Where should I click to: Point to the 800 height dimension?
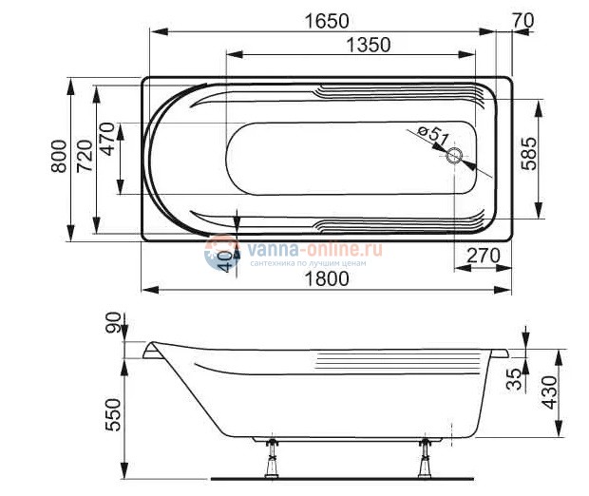pos(58,158)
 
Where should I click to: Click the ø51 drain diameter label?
pos(433,135)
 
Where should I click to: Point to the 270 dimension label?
pos(484,256)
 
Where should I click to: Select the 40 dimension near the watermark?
pos(225,261)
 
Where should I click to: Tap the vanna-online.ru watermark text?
pos(313,249)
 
